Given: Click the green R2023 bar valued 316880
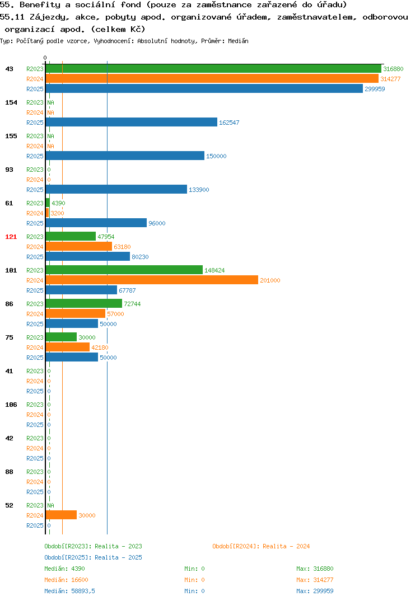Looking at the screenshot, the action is (x=214, y=69).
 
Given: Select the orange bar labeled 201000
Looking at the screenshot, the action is (x=152, y=280).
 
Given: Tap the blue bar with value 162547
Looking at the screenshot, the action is (x=132, y=122).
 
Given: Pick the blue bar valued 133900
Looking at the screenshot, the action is (x=116, y=189).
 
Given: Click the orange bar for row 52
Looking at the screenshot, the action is (x=62, y=515).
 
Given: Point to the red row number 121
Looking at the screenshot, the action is (x=11, y=237).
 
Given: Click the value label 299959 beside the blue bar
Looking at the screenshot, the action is (x=375, y=89).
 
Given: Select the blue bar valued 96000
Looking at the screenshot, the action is (x=96, y=223).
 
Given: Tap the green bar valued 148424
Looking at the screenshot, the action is (x=124, y=270).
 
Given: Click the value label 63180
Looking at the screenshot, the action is (x=122, y=247).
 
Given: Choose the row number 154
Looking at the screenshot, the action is (x=11, y=102).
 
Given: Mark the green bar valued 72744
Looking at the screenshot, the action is (x=84, y=303).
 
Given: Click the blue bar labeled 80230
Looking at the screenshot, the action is (x=88, y=256).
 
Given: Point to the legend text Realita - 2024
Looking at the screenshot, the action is (x=286, y=546).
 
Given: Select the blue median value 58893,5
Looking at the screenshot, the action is (x=83, y=591).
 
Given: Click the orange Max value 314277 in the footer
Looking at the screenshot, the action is (x=323, y=580).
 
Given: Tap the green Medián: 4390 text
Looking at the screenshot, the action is (x=64, y=569).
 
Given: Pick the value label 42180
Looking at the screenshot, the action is (x=100, y=348).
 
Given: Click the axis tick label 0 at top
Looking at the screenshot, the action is (x=45, y=58).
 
